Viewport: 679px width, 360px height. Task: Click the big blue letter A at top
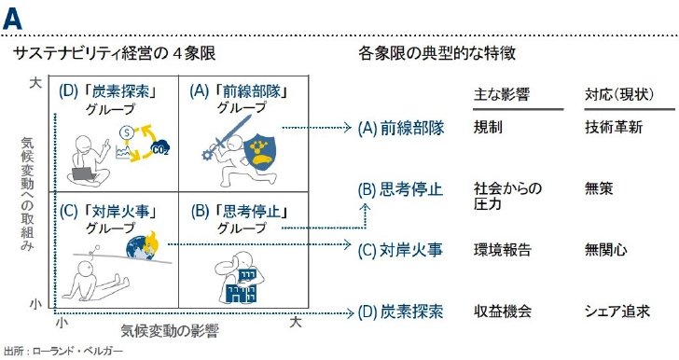[12, 19]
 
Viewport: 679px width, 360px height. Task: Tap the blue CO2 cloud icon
[160, 148]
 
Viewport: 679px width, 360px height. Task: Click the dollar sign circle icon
[127, 132]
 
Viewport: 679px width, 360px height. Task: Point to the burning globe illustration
[143, 247]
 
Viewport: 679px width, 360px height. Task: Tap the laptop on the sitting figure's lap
[84, 173]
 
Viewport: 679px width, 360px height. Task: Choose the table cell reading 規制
[488, 128]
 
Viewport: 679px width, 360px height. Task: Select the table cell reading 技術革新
[614, 128]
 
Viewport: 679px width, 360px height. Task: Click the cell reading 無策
[599, 189]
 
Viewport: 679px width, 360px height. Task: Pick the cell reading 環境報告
[503, 250]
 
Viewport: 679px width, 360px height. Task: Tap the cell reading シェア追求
[617, 312]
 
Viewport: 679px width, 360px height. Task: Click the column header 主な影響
[502, 94]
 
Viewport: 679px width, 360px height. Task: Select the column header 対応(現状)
[619, 94]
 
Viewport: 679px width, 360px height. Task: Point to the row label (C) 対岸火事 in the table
[400, 250]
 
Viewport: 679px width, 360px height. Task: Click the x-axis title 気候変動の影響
[170, 331]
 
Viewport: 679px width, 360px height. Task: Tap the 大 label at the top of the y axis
[36, 83]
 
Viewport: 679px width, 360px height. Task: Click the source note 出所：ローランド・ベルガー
[63, 351]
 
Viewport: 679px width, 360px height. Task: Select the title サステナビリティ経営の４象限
[115, 53]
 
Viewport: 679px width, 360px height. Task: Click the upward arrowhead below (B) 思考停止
[366, 207]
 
